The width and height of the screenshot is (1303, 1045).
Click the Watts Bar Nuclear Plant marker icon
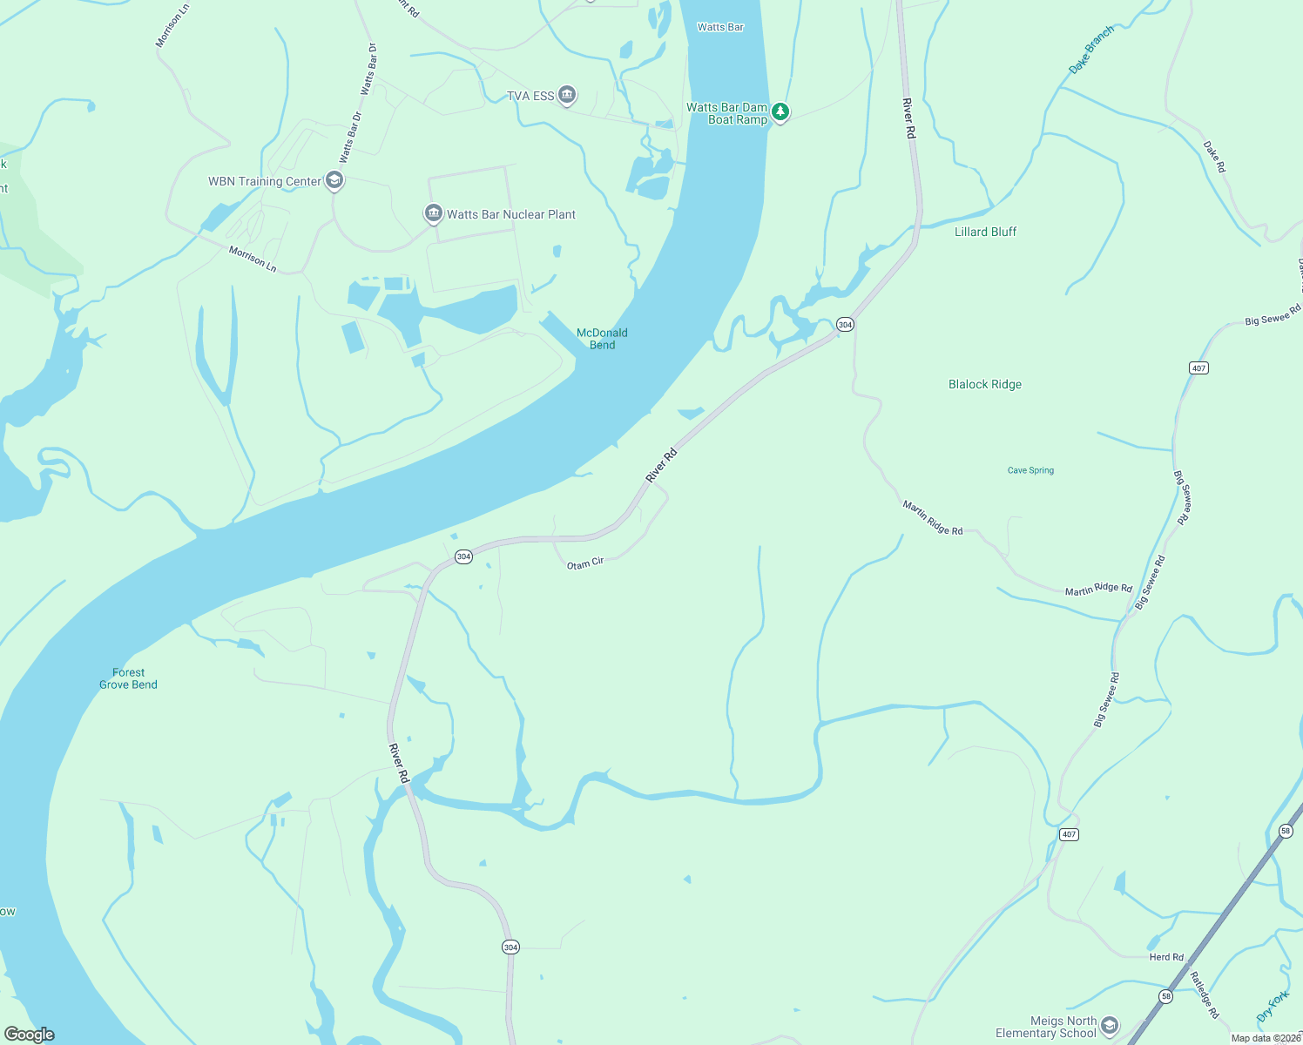click(x=433, y=213)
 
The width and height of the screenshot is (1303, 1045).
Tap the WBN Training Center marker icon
click(x=334, y=180)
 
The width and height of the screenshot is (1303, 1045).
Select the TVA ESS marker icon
click(x=567, y=94)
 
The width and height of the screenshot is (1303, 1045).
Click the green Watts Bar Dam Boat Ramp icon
click(x=780, y=112)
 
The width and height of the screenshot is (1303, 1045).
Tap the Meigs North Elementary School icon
click(x=1109, y=1025)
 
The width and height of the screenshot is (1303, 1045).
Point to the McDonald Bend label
click(x=602, y=339)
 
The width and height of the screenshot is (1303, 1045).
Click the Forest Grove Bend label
click(x=128, y=678)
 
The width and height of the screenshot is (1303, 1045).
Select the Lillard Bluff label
click(x=985, y=232)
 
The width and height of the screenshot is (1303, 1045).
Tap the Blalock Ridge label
click(x=985, y=384)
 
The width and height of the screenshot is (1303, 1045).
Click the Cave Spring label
click(x=1030, y=470)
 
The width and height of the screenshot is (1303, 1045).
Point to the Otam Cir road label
click(x=585, y=563)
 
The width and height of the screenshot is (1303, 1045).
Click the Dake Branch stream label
click(x=1090, y=51)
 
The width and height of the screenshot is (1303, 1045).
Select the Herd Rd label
click(x=1166, y=957)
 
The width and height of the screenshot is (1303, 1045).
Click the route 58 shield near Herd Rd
click(x=1165, y=996)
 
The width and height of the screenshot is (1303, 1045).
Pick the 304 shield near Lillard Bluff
click(x=844, y=324)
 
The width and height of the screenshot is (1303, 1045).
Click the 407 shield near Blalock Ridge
click(x=1198, y=368)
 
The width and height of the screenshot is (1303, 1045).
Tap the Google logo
click(x=30, y=1035)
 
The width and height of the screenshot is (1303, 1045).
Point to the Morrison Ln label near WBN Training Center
click(x=253, y=260)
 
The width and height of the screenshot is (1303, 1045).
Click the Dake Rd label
click(x=1214, y=157)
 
